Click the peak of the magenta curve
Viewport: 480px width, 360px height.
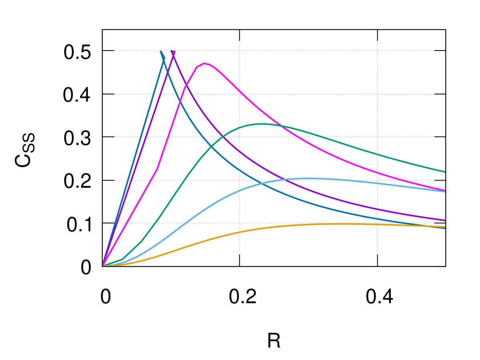pos(205,63)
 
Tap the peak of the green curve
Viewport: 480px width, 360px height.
pos(262,124)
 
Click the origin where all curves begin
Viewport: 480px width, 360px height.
pos(103,265)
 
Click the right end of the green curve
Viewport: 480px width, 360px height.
pos(445,172)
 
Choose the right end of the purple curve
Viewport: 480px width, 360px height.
pos(445,220)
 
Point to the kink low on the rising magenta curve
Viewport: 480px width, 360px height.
pos(157,169)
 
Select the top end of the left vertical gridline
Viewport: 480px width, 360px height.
pos(240,41)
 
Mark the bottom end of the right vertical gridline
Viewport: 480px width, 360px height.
pos(377,254)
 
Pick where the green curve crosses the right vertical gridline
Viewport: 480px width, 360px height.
pos(377,154)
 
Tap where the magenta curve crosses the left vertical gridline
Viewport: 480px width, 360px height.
pos(240,91)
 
